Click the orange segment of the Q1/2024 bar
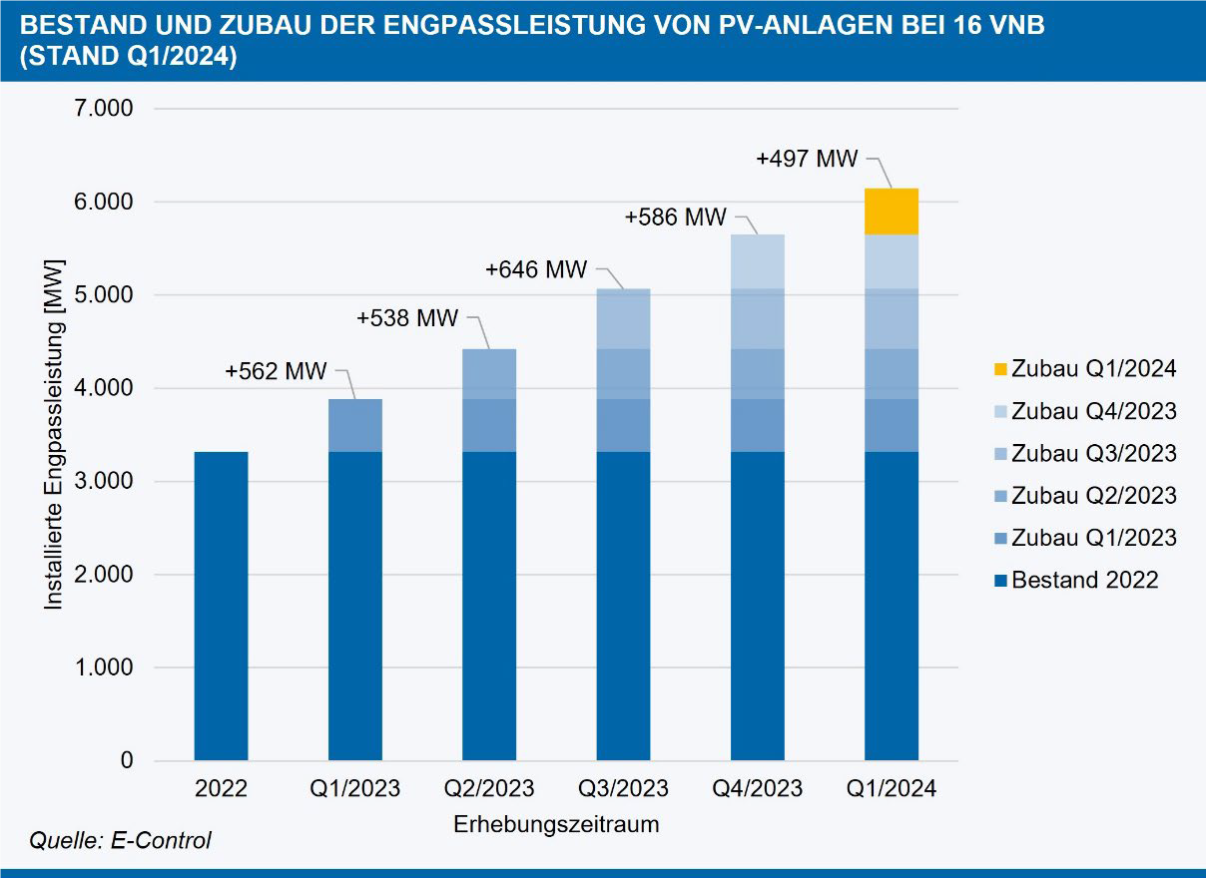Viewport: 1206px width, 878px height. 891,211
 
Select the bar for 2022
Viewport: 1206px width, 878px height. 221,606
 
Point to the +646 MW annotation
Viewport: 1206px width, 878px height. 536,269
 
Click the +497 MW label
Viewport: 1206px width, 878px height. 807,159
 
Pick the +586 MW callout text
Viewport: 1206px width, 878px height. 676,217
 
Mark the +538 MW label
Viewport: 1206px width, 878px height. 406,319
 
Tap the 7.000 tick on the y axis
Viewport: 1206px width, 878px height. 104,108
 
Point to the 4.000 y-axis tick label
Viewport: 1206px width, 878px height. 104,388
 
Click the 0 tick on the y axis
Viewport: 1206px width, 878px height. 127,761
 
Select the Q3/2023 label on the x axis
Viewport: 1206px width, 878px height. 623,789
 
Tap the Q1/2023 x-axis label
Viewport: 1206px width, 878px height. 354,789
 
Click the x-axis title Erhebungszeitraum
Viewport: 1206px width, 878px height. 556,825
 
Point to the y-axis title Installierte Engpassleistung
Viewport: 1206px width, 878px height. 55,435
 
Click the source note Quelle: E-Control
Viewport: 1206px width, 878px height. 120,841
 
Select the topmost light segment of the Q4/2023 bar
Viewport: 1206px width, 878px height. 757,261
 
